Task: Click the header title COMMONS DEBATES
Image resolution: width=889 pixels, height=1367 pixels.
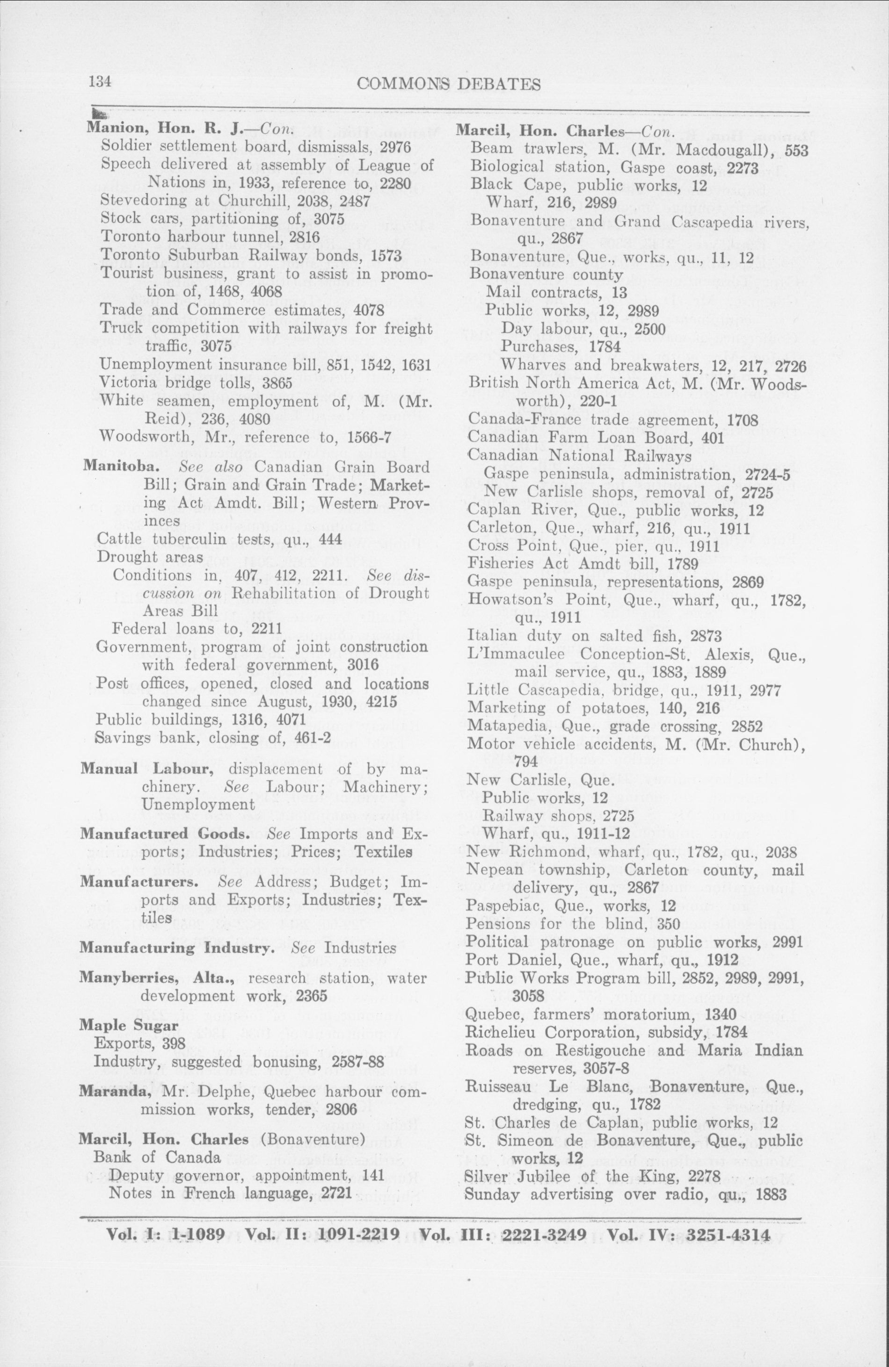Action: pyautogui.click(x=448, y=85)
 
